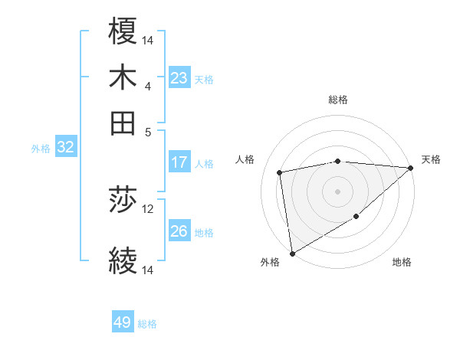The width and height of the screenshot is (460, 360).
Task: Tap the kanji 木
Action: point(123,78)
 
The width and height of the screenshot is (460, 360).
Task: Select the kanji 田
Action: point(123,123)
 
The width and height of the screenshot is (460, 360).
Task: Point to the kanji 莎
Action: point(123,201)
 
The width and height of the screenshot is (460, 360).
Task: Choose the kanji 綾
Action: point(123,260)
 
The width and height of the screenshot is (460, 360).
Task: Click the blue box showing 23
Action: point(179,78)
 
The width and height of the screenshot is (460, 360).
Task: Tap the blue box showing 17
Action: point(179,162)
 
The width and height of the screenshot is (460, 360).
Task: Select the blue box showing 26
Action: point(179,231)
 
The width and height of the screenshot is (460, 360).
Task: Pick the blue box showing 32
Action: point(65,148)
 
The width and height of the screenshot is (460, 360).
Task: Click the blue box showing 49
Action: point(123,322)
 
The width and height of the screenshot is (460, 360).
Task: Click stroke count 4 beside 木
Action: point(148,86)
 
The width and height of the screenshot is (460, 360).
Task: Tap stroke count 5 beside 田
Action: point(148,131)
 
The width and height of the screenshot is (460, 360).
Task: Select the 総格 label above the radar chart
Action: point(337,100)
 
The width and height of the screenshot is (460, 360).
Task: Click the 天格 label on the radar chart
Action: point(431,159)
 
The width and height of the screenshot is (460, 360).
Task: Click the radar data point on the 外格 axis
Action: point(292,253)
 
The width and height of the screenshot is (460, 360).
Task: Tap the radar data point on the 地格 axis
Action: point(356,217)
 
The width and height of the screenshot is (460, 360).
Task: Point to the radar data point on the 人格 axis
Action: point(281,172)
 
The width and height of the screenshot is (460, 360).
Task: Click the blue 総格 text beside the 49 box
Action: point(147,324)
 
